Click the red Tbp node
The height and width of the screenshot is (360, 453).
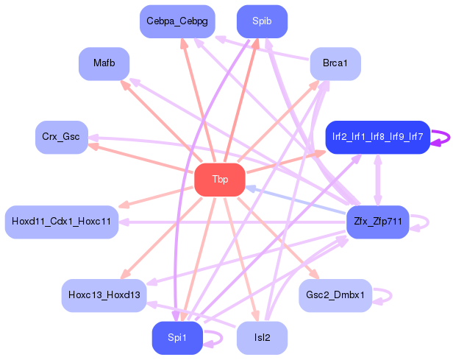(x=219, y=180)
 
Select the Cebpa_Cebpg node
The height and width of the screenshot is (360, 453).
(x=176, y=21)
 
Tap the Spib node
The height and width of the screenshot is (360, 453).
(x=262, y=21)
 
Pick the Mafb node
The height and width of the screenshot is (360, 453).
(x=104, y=63)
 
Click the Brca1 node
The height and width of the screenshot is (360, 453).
(x=335, y=63)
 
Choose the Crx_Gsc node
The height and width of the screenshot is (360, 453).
(x=62, y=138)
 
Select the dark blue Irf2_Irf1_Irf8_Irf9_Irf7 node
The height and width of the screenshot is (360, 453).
(x=377, y=137)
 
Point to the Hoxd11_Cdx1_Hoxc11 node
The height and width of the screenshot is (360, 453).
(x=62, y=222)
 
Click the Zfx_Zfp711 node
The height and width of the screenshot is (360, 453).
(x=377, y=222)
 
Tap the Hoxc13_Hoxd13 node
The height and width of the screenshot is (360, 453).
(x=104, y=295)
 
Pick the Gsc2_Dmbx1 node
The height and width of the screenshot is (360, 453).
(x=335, y=295)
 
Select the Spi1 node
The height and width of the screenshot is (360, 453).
(x=176, y=338)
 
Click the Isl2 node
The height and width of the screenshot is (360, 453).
(x=262, y=338)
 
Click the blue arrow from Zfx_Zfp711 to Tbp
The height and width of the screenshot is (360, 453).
(x=294, y=200)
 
